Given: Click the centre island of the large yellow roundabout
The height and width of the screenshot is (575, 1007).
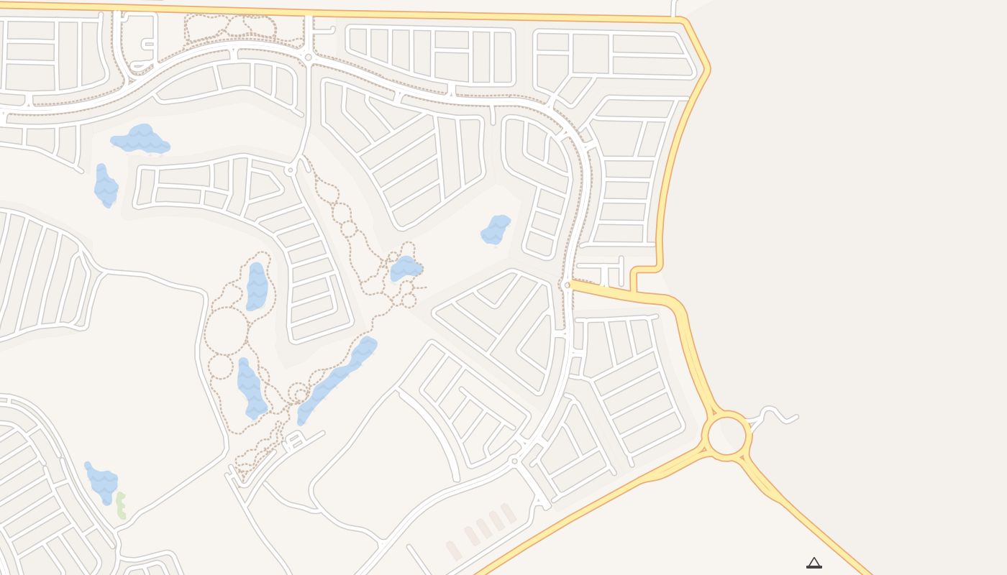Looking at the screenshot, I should [x=728, y=436].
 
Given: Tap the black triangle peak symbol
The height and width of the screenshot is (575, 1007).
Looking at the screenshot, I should [x=814, y=563].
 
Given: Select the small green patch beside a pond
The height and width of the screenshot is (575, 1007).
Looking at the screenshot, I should [x=121, y=505].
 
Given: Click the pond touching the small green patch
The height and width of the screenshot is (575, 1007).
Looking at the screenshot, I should [x=101, y=482].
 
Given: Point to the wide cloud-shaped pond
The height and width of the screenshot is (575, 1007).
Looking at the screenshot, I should [x=141, y=139].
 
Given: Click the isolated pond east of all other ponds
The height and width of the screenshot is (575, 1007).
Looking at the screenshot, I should [x=495, y=229].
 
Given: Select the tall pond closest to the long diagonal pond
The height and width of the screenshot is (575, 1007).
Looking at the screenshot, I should [x=251, y=389].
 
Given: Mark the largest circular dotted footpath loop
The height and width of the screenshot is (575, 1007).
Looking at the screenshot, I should [x=226, y=331].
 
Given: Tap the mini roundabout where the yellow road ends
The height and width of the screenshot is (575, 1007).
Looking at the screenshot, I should [x=568, y=285].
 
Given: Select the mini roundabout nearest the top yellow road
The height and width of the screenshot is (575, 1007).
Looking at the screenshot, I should [x=308, y=57].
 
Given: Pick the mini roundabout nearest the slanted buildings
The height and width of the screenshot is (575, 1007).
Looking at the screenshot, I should [x=514, y=460].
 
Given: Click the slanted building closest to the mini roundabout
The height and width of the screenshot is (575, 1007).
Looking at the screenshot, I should [x=509, y=513].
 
